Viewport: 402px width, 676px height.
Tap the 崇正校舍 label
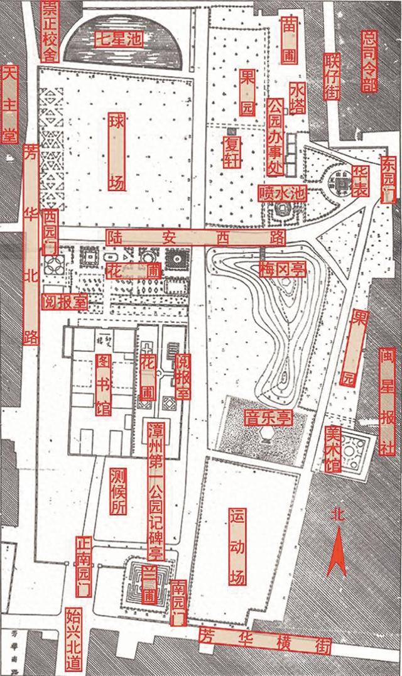50,30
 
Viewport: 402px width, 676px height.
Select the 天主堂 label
9,104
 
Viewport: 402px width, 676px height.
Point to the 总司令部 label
369,60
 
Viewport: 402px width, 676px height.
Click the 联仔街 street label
332,75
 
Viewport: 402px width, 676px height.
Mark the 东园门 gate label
389,178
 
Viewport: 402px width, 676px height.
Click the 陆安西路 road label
195,237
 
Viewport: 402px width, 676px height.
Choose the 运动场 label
237,546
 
